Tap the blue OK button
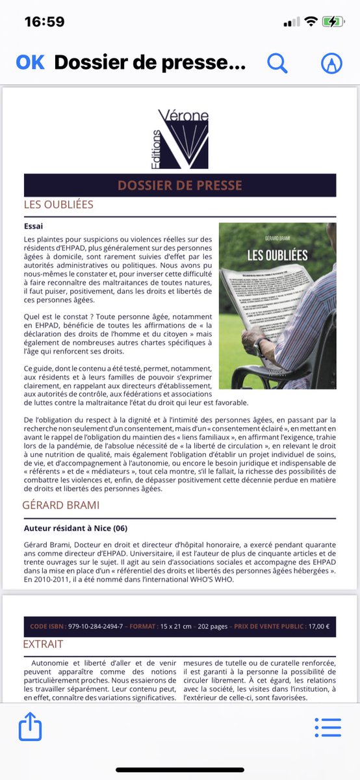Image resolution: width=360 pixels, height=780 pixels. click(30, 62)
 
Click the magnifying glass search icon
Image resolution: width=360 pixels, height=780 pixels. click(277, 62)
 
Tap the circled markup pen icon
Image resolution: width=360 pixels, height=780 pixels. click(332, 62)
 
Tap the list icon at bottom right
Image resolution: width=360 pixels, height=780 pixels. click(328, 727)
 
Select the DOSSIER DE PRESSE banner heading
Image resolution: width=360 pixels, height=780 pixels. click(180, 185)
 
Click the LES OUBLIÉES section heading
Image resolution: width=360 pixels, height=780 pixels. click(58, 205)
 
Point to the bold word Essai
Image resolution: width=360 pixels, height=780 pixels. click(33, 227)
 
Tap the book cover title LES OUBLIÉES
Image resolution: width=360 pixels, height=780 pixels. click(277, 255)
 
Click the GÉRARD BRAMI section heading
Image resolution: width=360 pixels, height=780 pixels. click(61, 504)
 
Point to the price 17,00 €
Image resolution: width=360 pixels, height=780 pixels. click(318, 627)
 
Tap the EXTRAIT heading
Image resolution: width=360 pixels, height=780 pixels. click(43, 644)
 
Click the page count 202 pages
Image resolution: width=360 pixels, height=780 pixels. click(211, 627)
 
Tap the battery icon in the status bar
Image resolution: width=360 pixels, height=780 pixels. click(332, 21)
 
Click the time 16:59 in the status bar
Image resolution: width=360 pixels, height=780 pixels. click(44, 21)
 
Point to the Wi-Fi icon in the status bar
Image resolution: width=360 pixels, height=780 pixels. click(311, 21)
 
